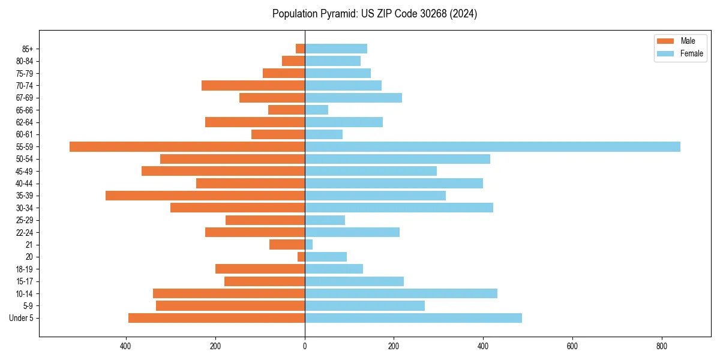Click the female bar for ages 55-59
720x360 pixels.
[492, 147]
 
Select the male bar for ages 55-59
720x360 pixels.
[187, 147]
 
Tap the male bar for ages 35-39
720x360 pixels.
[205, 196]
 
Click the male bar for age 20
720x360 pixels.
[301, 257]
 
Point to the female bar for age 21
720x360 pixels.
[309, 245]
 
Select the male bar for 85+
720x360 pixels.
[300, 49]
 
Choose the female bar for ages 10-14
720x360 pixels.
[401, 293]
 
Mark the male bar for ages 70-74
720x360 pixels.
[253, 86]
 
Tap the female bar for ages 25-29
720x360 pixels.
[325, 220]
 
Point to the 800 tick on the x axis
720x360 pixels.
[661, 346]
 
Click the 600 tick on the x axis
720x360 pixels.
[572, 346]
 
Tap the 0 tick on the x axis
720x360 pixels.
[305, 346]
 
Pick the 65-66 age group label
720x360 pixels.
[24, 110]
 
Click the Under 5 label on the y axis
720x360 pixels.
[22, 318]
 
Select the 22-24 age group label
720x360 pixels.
[24, 233]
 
